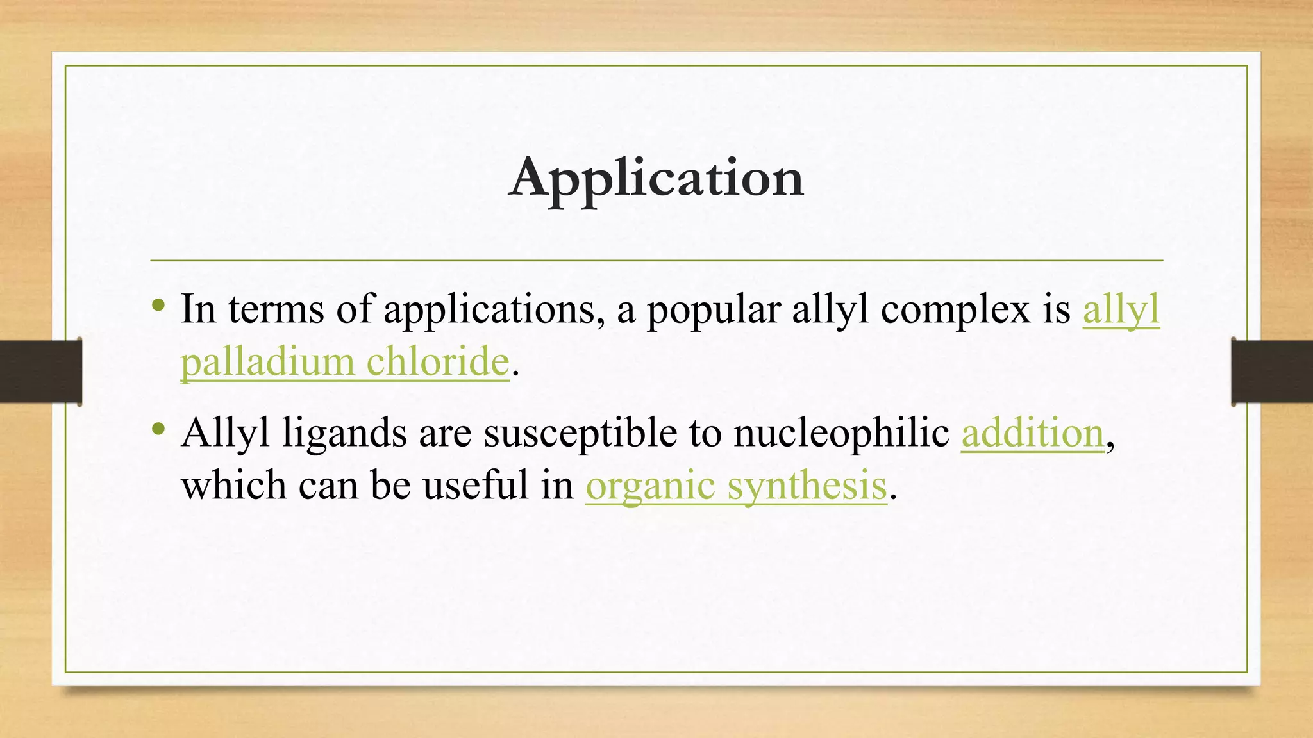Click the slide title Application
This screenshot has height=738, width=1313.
[656, 178]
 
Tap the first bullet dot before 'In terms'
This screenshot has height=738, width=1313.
[159, 305]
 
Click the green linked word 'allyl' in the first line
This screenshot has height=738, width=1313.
[1121, 310]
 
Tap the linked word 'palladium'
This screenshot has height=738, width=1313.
[267, 362]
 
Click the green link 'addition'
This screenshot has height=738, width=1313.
[1032, 433]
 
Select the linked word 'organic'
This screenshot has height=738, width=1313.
[650, 486]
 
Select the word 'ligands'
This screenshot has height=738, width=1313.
[344, 434]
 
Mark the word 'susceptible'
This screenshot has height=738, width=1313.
[580, 434]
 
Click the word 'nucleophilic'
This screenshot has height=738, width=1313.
[841, 433]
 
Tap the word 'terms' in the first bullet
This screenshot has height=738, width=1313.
[276, 310]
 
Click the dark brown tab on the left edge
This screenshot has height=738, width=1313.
[41, 372]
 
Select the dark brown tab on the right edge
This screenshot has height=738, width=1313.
[1272, 372]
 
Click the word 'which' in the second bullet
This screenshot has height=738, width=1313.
[233, 485]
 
